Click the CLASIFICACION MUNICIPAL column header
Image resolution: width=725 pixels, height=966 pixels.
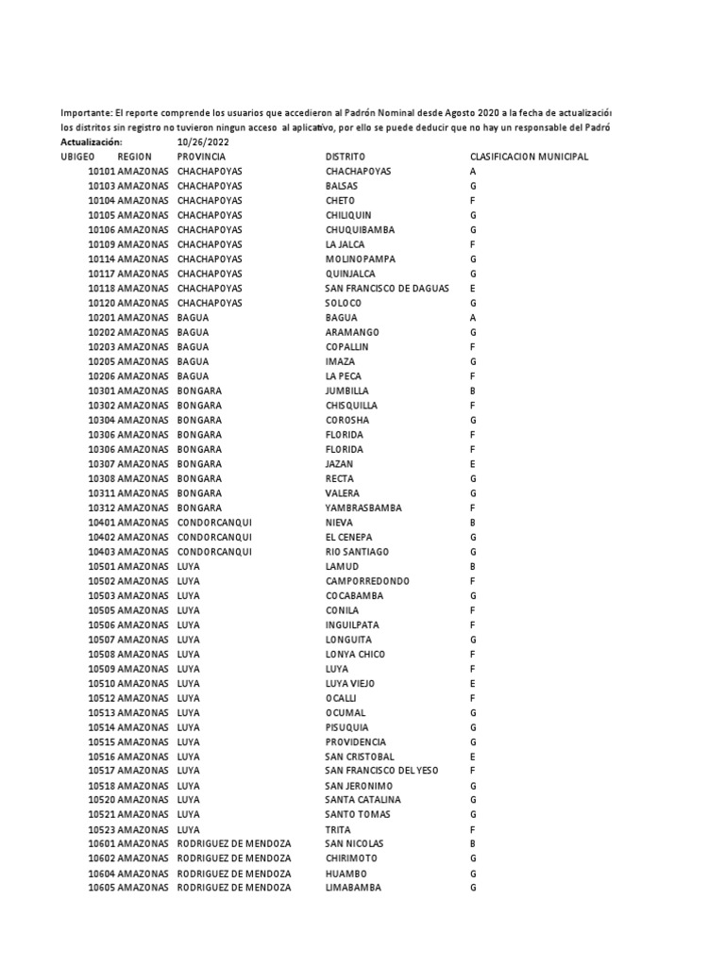529,157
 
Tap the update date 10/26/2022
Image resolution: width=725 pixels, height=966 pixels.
203,142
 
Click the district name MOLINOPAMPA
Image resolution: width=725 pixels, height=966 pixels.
361,258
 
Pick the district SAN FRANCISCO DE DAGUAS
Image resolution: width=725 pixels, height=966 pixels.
387,288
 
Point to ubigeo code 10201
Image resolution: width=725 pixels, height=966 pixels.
102,317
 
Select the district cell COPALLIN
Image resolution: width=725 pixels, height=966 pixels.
348,346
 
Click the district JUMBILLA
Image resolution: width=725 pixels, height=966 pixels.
347,391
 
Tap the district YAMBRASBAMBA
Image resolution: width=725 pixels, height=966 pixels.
363,508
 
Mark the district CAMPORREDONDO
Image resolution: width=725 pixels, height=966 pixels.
368,581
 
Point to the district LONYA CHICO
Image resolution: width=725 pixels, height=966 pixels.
355,654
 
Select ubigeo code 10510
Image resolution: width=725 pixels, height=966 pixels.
102,683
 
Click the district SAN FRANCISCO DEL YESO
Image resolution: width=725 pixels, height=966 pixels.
382,771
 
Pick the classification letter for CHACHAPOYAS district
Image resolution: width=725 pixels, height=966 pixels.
473,172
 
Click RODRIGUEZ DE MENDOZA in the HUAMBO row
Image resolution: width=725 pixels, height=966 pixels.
234,874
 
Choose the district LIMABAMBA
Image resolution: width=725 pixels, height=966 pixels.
354,888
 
